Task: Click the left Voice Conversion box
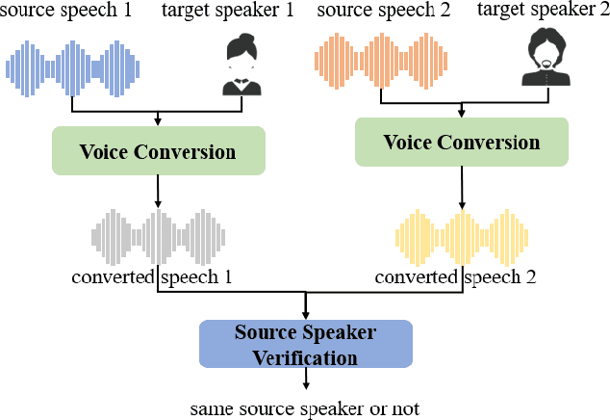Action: pyautogui.click(x=158, y=152)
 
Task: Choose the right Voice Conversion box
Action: pyautogui.click(x=462, y=143)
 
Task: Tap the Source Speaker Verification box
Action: pyautogui.click(x=305, y=344)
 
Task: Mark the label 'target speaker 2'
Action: pyautogui.click(x=542, y=13)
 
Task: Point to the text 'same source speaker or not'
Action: pyautogui.click(x=305, y=408)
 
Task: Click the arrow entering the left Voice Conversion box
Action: pyautogui.click(x=158, y=118)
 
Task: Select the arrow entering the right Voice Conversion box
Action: pyautogui.click(x=462, y=109)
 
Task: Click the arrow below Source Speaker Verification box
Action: pyautogui.click(x=305, y=380)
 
